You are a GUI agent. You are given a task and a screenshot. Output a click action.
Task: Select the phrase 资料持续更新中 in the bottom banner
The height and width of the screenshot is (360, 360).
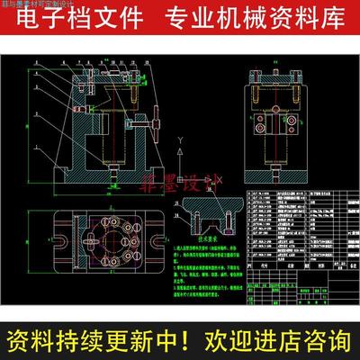pyautogui.click(x=94, y=341)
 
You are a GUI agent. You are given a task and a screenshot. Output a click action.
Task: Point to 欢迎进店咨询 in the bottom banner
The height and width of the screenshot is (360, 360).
pyautogui.click(x=274, y=341)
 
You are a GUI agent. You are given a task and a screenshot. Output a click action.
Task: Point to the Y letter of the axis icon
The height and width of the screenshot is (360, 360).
pyautogui.click(x=182, y=140)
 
